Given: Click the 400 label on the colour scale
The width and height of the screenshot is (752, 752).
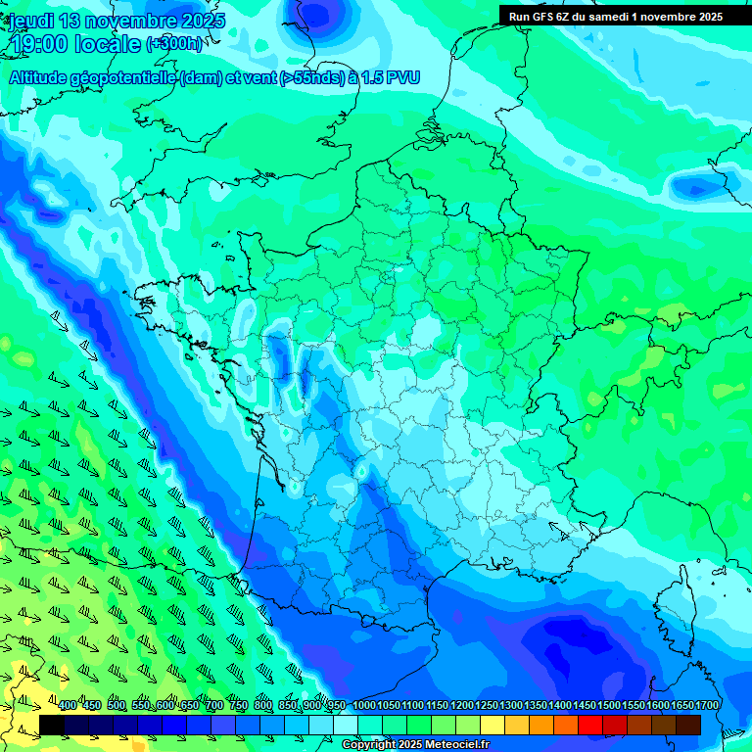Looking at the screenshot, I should pos(68,705).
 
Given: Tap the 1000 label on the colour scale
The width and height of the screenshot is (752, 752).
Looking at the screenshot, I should pos(363,705).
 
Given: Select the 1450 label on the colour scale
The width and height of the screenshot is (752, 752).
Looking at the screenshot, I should pos(585,705).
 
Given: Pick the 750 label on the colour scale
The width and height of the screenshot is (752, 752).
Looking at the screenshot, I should pos(239,705).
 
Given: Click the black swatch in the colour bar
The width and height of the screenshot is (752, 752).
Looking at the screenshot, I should pos(52,725).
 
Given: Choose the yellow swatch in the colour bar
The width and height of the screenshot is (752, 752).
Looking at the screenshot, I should pos(493,725).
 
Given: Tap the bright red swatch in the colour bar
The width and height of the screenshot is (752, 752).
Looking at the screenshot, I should pos(590,725).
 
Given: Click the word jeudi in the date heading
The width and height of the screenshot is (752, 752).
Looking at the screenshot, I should pos(30,21).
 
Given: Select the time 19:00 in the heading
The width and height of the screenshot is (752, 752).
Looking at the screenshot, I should pos(45,43).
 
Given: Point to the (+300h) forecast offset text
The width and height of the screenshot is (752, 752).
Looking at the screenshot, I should pos(174,44).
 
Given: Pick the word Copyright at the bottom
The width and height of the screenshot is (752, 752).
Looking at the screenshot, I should pos(369,745).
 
